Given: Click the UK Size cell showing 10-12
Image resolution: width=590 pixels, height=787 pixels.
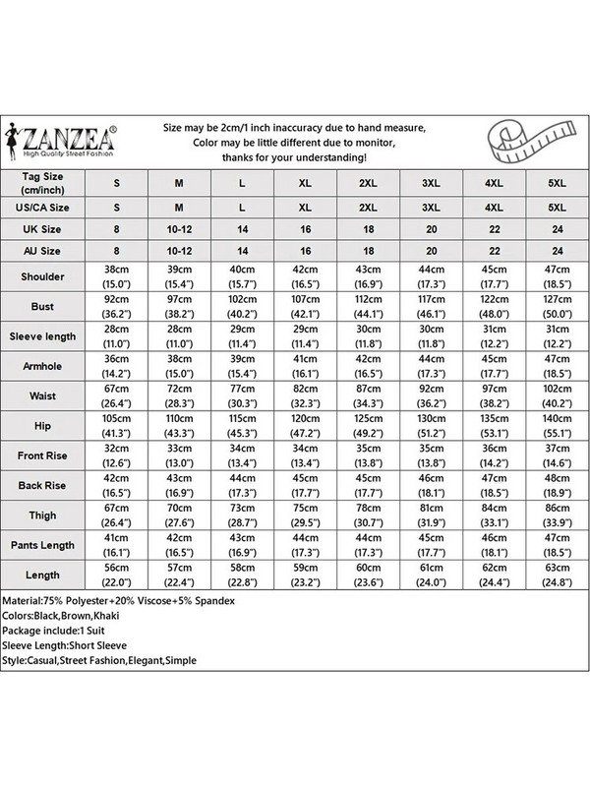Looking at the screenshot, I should tap(178, 229).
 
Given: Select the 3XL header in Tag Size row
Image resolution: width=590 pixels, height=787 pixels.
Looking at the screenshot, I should tap(430, 182).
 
